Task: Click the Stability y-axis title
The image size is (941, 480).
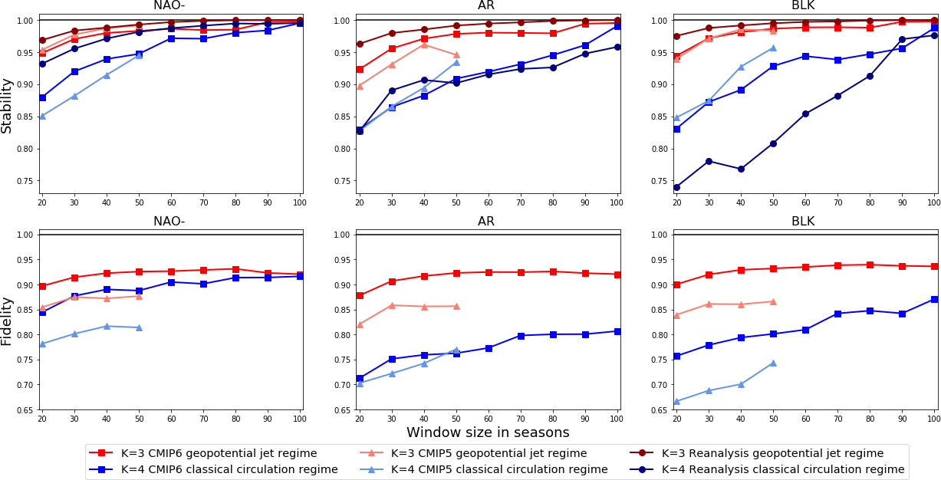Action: [7, 105]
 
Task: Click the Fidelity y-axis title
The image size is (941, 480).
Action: [7, 321]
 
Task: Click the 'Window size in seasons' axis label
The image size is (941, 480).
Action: [488, 432]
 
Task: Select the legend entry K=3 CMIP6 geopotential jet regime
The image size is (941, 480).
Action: [219, 453]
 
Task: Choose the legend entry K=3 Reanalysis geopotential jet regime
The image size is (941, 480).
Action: [772, 453]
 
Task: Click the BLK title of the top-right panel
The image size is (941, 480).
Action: [803, 6]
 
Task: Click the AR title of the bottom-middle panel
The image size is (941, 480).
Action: [486, 222]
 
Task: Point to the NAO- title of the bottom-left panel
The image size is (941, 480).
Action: [169, 222]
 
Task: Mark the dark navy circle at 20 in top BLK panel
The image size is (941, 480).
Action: [676, 187]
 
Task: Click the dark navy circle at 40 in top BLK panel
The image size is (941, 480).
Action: [741, 169]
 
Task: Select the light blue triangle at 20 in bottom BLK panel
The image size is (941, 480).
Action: [676, 401]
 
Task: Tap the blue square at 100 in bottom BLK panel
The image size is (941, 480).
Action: [934, 299]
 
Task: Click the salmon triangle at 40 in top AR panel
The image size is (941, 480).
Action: [424, 44]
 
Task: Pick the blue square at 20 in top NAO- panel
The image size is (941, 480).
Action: [42, 97]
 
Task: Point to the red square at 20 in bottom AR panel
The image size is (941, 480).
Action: [360, 295]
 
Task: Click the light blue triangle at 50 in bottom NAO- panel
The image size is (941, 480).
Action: [139, 327]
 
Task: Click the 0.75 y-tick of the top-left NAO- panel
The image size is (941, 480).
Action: [25, 181]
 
